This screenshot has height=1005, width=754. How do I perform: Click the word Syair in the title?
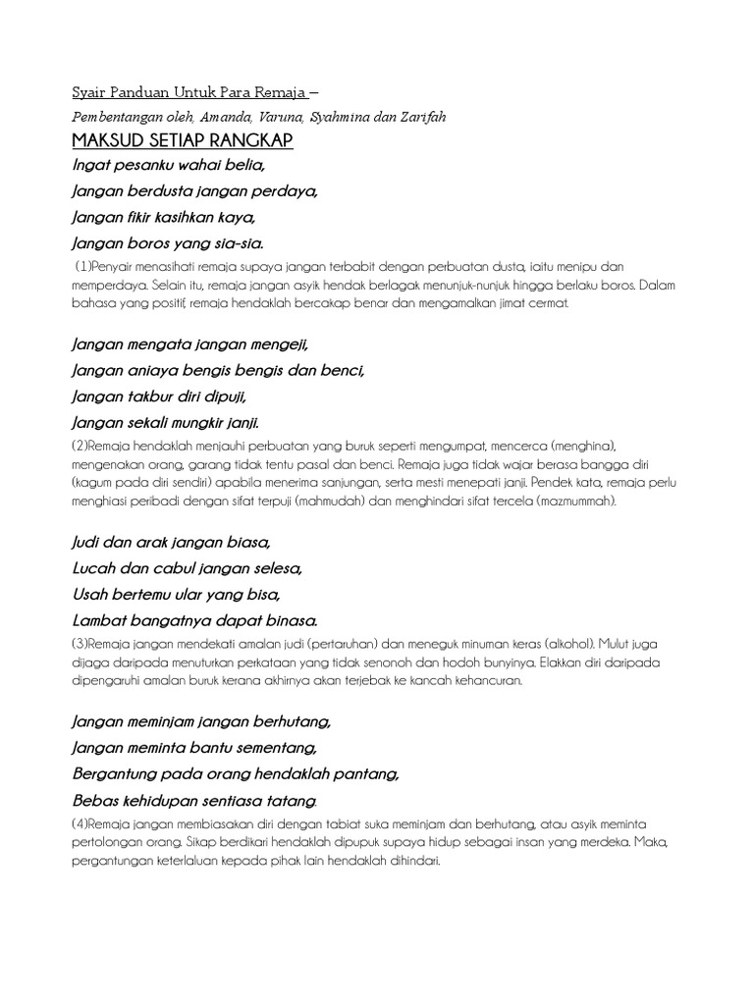click(90, 94)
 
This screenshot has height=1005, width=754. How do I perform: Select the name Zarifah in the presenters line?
click(422, 118)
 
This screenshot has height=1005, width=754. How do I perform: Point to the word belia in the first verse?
click(242, 165)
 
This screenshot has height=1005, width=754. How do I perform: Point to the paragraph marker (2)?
click(80, 446)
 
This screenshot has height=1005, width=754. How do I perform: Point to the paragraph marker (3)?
click(80, 645)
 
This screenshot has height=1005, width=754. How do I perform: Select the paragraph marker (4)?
click(81, 824)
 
